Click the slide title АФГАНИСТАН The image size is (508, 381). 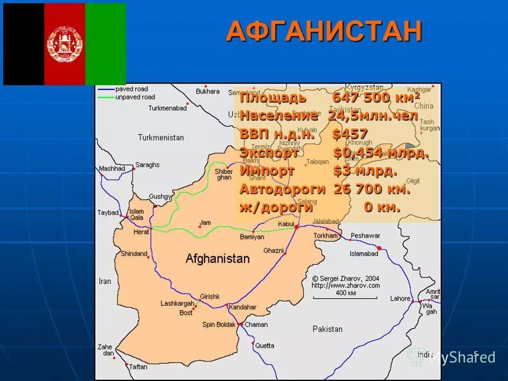324,31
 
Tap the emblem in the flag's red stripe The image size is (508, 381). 65,43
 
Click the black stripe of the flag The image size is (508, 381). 24,43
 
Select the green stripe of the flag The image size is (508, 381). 105,43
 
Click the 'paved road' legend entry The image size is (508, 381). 131,89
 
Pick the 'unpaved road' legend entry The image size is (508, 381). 135,97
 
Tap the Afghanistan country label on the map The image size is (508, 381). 217,259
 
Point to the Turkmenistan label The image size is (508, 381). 161,138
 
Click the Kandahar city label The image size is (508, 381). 242,307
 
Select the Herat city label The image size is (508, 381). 141,232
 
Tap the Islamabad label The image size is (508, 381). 364,253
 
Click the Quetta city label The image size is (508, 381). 265,346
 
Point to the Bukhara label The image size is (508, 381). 207,91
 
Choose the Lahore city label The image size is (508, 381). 400,298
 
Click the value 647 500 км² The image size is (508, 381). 376,98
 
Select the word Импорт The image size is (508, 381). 267,171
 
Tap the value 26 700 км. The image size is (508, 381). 371,189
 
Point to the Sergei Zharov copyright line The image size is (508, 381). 346,278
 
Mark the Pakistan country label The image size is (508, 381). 327,329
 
